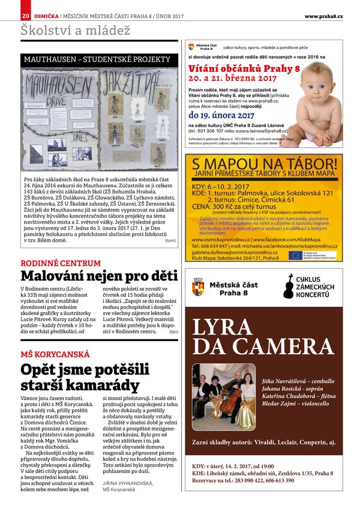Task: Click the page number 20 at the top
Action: pyautogui.click(x=26, y=16)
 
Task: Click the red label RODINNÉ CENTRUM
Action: pyautogui.click(x=61, y=263)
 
